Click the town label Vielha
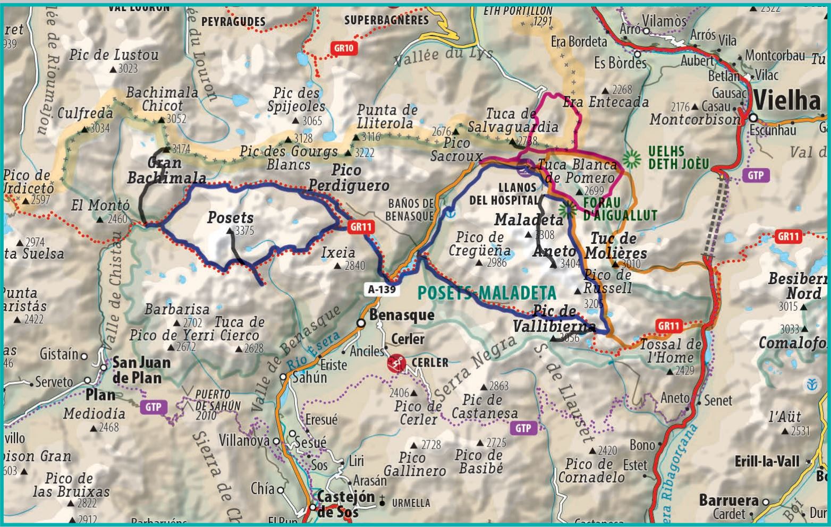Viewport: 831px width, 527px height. pyautogui.click(x=787, y=100)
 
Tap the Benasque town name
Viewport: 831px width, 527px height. pyautogui.click(x=401, y=315)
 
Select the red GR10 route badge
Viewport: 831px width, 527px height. pyautogui.click(x=343, y=48)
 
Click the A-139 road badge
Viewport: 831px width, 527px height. pyautogui.click(x=381, y=289)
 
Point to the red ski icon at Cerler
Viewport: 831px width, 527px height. pyautogui.click(x=396, y=363)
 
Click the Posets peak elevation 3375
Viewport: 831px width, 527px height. pyautogui.click(x=244, y=231)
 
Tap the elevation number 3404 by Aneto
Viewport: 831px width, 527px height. pyautogui.click(x=570, y=263)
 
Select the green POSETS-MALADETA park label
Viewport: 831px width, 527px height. pyautogui.click(x=486, y=293)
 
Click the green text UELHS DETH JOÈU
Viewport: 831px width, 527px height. pyautogui.click(x=677, y=158)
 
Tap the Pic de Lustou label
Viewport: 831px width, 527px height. pyautogui.click(x=114, y=55)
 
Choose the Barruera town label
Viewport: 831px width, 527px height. pyautogui.click(x=728, y=500)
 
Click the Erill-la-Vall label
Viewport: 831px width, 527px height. pyautogui.click(x=767, y=462)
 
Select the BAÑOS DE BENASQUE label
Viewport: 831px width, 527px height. pyautogui.click(x=411, y=210)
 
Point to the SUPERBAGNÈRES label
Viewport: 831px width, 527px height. pyautogui.click(x=386, y=20)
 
